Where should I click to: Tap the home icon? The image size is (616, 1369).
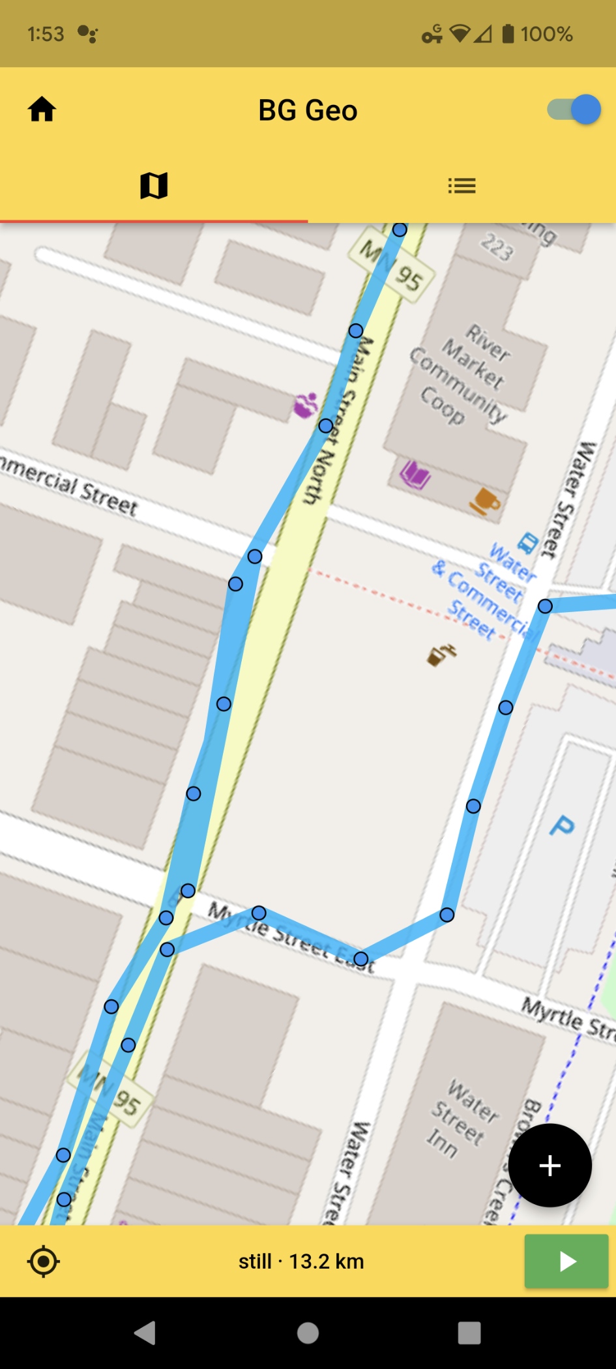click(x=42, y=110)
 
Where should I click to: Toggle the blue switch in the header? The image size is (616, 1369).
click(x=574, y=110)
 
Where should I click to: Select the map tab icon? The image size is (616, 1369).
click(x=154, y=186)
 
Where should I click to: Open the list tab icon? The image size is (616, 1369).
click(x=462, y=186)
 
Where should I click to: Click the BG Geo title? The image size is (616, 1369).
click(x=308, y=110)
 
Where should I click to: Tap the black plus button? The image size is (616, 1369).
click(x=550, y=1165)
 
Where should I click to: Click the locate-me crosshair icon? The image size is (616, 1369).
click(x=44, y=1261)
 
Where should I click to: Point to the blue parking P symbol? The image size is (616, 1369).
click(x=561, y=826)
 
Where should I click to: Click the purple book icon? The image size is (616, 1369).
click(x=415, y=474)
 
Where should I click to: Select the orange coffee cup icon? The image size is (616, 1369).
click(x=485, y=501)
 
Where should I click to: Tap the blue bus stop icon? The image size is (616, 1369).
click(x=527, y=542)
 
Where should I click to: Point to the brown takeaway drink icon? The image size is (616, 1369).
click(x=441, y=654)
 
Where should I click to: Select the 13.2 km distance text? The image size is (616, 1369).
click(x=326, y=1261)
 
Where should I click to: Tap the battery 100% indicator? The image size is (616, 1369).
click(x=537, y=34)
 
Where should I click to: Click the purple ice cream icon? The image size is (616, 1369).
click(x=305, y=405)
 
